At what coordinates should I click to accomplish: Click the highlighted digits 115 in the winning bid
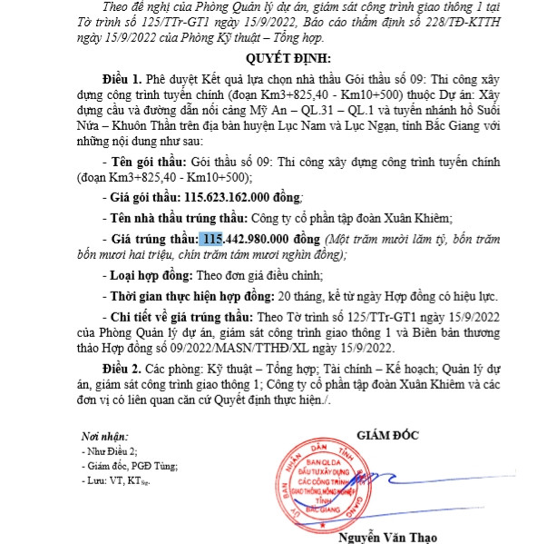click(x=212, y=238)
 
